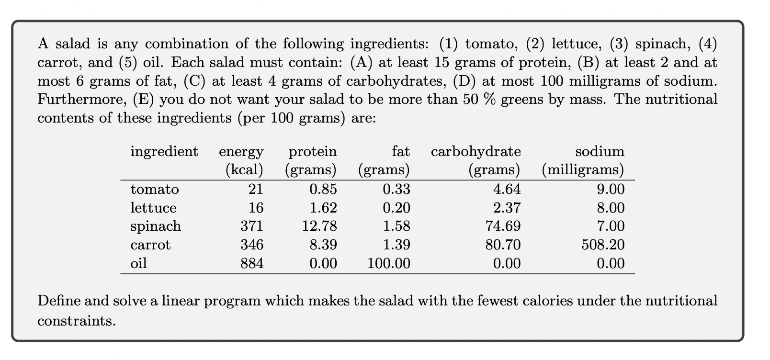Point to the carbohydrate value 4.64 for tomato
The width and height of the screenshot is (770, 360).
point(507,189)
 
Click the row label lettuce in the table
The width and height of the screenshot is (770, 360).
point(153,208)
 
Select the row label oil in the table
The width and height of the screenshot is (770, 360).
point(138,263)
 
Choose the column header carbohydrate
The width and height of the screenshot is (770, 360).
point(476,152)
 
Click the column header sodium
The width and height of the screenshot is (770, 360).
point(600,152)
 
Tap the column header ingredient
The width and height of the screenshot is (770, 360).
point(164,152)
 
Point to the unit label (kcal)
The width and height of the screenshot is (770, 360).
point(244,170)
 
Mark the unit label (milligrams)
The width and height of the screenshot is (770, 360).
point(583,170)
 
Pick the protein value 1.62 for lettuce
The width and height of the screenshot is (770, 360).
point(323,208)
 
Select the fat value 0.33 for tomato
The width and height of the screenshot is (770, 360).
point(396,189)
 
